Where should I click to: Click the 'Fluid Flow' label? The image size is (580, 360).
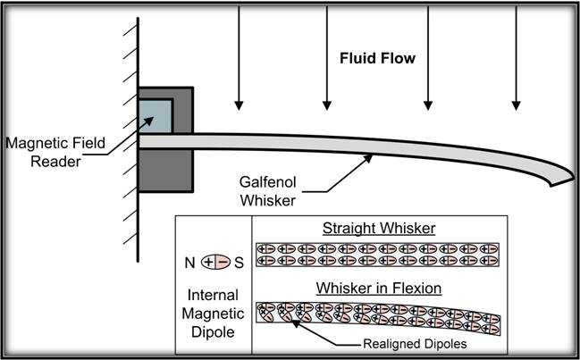376,60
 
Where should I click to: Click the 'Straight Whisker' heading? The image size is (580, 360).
375,229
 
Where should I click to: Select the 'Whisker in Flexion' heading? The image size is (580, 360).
375,288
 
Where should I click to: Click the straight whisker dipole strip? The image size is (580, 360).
375,254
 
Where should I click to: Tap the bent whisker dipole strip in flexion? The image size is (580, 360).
375,315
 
